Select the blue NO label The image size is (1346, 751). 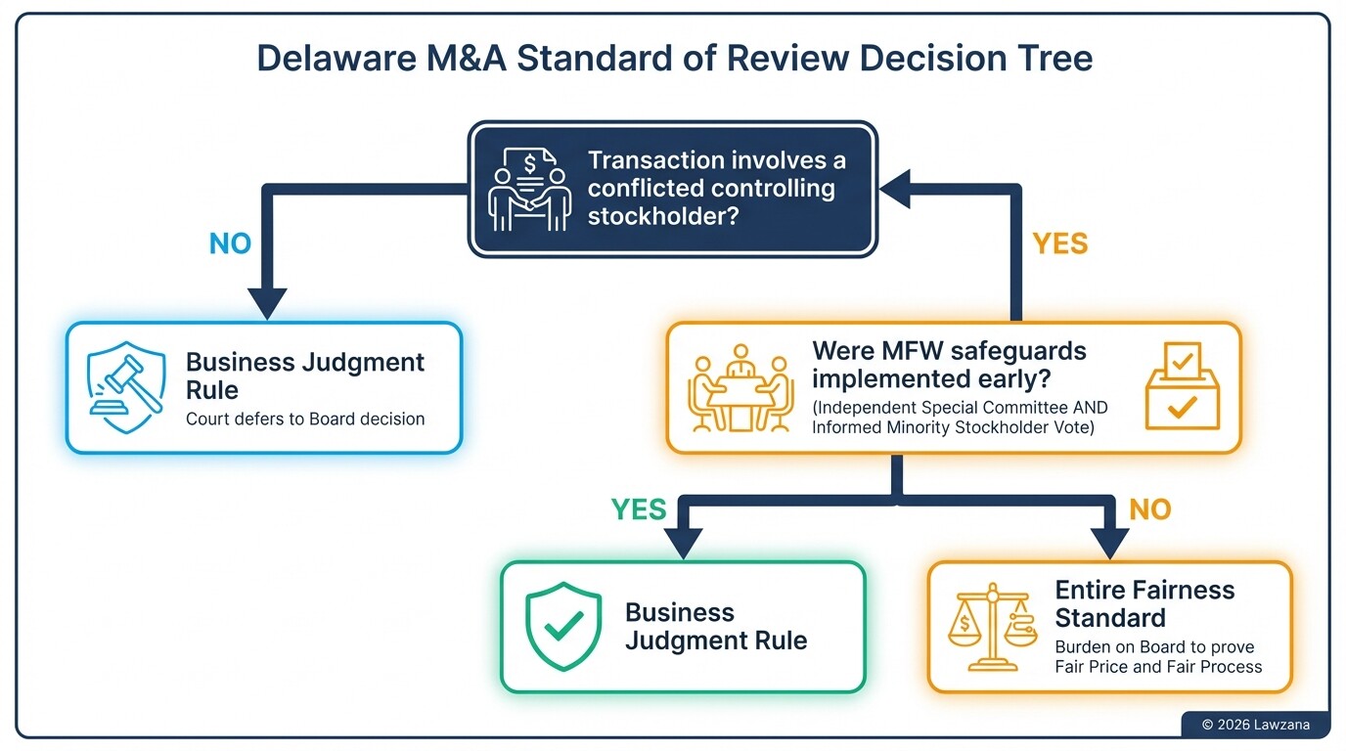pyautogui.click(x=231, y=243)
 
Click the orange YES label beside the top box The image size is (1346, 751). pyautogui.click(x=1060, y=243)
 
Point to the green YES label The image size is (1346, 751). pyautogui.click(x=639, y=509)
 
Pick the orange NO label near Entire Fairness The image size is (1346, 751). pyautogui.click(x=1150, y=509)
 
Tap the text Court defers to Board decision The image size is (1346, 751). pyautogui.click(x=305, y=420)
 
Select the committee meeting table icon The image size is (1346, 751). pyautogui.click(x=740, y=388)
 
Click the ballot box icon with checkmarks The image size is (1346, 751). pyautogui.click(x=1182, y=388)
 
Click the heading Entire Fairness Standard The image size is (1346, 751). pyautogui.click(x=1144, y=603)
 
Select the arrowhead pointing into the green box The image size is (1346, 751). pyautogui.click(x=684, y=542)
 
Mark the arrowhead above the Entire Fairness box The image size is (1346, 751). pyautogui.click(x=1109, y=542)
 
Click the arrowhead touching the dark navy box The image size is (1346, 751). pyautogui.click(x=894, y=190)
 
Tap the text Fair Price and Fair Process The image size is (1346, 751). pyautogui.click(x=1158, y=667)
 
